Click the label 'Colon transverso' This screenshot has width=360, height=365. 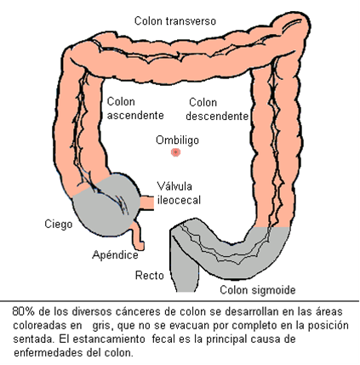(x=175, y=21)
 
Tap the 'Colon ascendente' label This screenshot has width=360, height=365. (x=135, y=108)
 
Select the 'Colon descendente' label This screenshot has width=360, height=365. (x=217, y=109)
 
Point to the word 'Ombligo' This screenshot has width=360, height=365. (x=177, y=140)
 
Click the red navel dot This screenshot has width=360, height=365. (x=176, y=152)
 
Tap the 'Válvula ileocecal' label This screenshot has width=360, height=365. (x=179, y=193)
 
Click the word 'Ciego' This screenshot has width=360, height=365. (x=59, y=224)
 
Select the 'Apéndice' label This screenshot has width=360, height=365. (x=115, y=254)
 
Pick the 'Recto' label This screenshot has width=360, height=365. (x=150, y=276)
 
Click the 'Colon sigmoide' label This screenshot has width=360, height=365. (x=258, y=290)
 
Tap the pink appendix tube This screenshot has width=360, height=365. (x=138, y=236)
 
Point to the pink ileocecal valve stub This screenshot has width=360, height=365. (x=147, y=202)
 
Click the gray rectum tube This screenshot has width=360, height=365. (x=185, y=272)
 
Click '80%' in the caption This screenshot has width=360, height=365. (x=23, y=311)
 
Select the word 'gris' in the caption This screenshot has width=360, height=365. (x=100, y=326)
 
